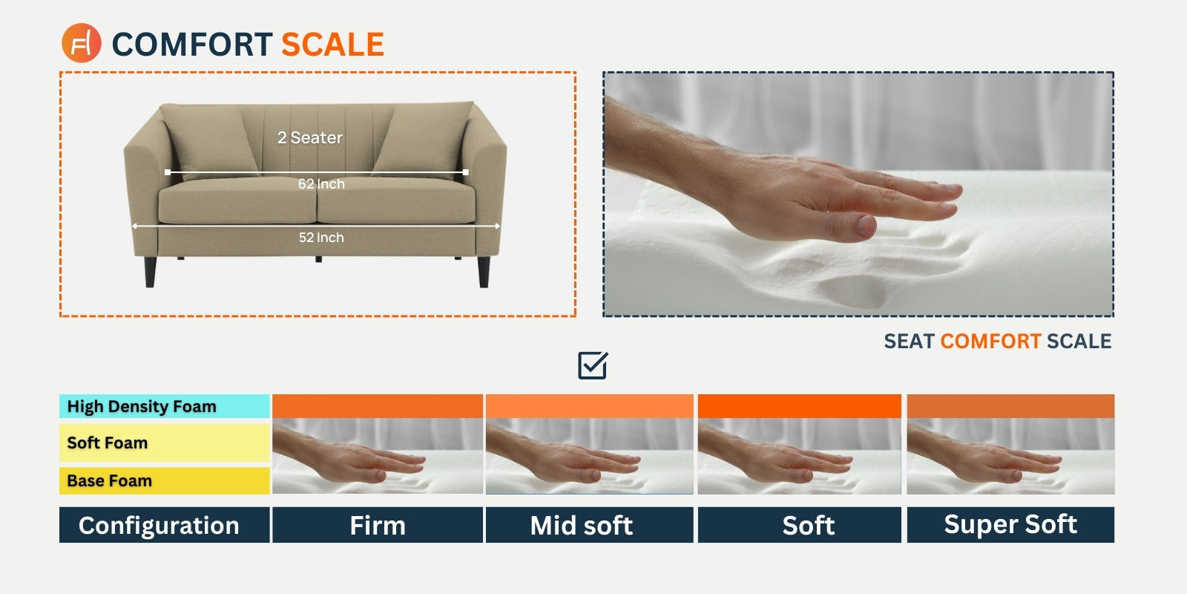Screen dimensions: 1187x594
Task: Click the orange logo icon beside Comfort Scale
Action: [81, 43]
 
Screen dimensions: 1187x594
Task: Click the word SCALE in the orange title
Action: [332, 44]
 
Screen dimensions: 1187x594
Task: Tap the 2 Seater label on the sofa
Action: [310, 137]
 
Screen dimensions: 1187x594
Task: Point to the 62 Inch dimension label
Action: [321, 183]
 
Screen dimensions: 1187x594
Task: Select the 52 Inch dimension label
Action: [321, 237]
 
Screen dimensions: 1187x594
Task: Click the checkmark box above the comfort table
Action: [593, 365]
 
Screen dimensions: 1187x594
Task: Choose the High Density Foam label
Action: [142, 406]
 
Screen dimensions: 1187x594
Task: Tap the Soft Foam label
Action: [107, 443]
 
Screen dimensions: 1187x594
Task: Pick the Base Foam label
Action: [109, 480]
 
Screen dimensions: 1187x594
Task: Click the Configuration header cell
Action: [159, 525]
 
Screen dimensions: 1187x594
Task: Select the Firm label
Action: [378, 526]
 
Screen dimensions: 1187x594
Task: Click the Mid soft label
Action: [582, 526]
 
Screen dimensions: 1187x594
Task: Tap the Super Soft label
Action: [1010, 524]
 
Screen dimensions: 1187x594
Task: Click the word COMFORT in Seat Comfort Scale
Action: [990, 341]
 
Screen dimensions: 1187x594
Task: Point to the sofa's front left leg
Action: [150, 272]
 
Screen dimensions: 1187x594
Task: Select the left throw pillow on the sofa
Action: [208, 141]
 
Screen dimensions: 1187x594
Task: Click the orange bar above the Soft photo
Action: [799, 405]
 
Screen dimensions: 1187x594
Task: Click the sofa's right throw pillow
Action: [422, 138]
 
